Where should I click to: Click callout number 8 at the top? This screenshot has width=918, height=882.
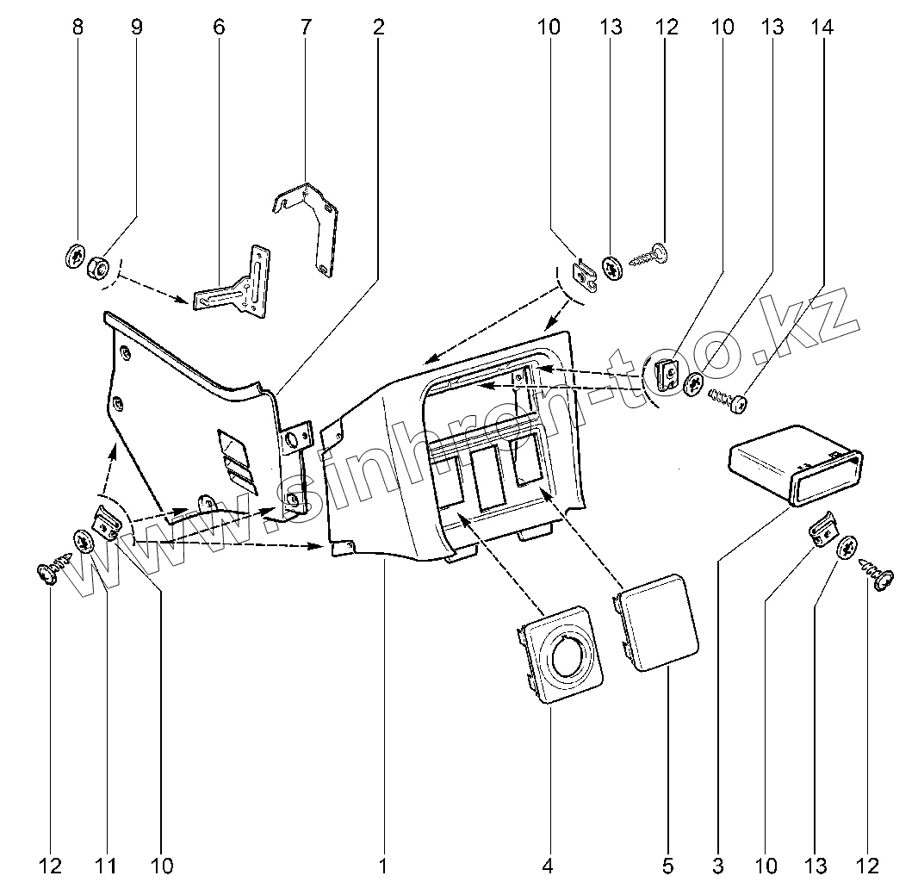tap(78, 27)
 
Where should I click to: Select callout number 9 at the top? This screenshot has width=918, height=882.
tap(137, 27)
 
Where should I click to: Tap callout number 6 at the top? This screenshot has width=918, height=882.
tap(219, 27)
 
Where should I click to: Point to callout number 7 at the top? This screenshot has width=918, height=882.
tap(306, 27)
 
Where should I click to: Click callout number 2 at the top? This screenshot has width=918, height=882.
tap(378, 27)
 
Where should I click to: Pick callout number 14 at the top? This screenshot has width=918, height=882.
tap(822, 27)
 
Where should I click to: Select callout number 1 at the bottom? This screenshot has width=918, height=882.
tap(381, 864)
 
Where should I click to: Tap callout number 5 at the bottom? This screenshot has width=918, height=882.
tap(667, 864)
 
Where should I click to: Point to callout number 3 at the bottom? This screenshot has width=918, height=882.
tap(717, 864)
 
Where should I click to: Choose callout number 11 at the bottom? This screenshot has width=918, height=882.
tap(107, 864)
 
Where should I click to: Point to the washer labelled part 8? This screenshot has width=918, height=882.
tap(74, 256)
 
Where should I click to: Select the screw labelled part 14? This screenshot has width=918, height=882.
tap(728, 399)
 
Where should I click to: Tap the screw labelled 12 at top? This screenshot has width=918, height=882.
tap(653, 253)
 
